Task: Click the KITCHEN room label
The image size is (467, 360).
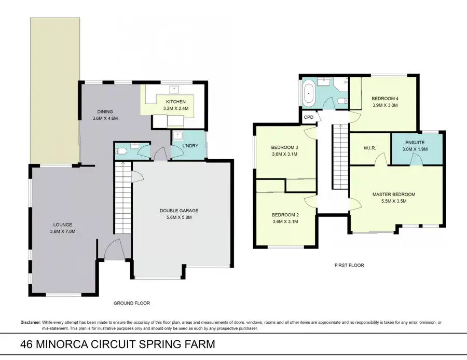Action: coord(176,102)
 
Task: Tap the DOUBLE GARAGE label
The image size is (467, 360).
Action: coord(179,211)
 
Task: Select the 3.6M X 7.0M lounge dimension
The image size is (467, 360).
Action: coord(63,231)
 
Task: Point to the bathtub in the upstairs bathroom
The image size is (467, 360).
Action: coord(309,93)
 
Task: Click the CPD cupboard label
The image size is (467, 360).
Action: coord(309,117)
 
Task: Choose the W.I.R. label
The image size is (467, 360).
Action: coord(369,148)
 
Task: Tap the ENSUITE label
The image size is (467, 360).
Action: coord(415,143)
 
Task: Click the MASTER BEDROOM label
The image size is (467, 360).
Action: coord(394,195)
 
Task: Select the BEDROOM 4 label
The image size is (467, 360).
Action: coord(385,99)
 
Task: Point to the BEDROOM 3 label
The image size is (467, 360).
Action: coord(284,147)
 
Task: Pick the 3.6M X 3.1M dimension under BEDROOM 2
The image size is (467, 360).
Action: coord(285,221)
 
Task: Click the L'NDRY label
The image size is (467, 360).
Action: coord(190,146)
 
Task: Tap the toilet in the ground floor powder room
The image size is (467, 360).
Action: coord(121,151)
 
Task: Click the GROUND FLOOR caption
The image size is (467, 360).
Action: coord(132,303)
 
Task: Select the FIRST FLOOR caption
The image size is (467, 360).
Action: coord(349,265)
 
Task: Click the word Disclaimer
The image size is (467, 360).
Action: coord(30,322)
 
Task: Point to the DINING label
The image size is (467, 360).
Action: coord(105,112)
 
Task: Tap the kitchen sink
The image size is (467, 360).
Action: coord(174,89)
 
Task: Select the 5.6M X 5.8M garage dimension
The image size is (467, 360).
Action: coord(179,217)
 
